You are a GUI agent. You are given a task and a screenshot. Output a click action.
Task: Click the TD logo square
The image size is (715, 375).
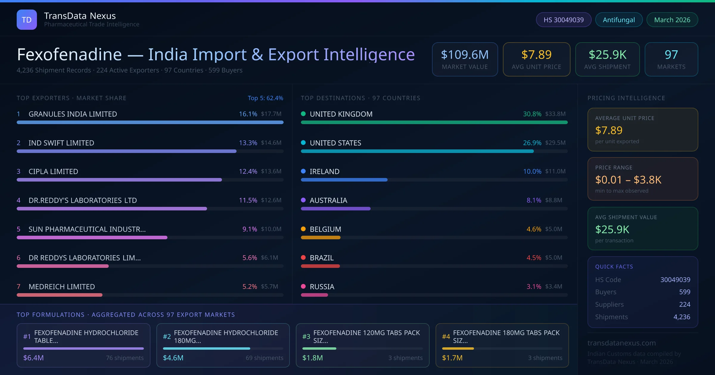[27, 20]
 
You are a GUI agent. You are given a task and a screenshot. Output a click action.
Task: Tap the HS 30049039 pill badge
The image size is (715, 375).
[563, 20]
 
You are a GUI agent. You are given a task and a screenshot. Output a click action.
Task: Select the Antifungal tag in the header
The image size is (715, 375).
[619, 20]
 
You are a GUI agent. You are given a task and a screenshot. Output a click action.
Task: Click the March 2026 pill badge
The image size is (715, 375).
[672, 20]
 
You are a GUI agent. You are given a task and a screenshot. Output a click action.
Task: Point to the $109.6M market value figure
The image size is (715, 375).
[464, 55]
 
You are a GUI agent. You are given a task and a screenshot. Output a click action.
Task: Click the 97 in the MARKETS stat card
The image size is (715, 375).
[671, 55]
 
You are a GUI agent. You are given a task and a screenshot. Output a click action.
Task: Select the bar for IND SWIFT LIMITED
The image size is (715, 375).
[127, 151]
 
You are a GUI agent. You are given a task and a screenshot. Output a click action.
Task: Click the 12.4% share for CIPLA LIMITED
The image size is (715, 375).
[248, 171]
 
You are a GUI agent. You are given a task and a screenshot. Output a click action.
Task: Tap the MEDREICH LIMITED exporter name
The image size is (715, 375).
[62, 287]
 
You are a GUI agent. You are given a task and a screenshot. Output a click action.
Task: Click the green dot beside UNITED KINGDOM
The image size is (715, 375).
[303, 114]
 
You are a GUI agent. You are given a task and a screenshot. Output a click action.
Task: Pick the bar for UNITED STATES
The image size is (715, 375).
[417, 151]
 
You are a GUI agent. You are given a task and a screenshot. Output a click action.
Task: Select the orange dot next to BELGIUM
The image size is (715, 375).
[303, 229]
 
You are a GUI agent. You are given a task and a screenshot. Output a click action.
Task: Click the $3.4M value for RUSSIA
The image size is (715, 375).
[554, 287]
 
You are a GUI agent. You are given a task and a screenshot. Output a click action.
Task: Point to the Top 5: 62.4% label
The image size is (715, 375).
[265, 98]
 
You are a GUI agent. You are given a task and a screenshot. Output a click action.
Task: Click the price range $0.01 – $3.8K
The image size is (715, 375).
[628, 180]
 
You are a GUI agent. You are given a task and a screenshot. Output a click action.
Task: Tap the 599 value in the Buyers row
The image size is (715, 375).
[684, 292]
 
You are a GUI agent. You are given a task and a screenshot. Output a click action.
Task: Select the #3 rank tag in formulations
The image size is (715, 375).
[306, 337]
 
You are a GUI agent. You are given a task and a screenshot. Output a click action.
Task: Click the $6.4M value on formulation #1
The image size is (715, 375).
[33, 358]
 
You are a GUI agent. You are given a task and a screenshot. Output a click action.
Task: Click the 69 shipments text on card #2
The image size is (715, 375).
[264, 358]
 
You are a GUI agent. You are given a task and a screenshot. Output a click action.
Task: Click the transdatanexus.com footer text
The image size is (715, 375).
[621, 343]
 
